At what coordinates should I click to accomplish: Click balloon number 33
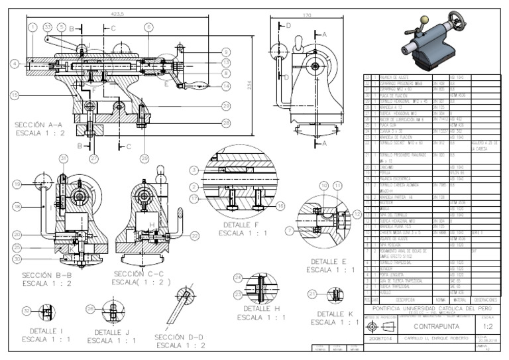(48, 27)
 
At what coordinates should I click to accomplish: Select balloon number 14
(226, 85)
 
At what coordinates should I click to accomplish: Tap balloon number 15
(14, 95)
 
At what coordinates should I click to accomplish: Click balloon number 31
(63, 158)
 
